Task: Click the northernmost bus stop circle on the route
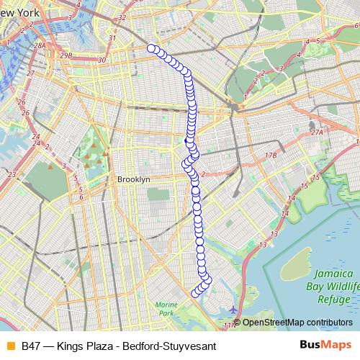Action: coord(152,48)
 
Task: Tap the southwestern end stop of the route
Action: coord(195,293)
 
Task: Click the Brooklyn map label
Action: coord(133,179)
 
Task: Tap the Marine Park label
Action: coord(166,309)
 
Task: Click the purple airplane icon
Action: coord(232,310)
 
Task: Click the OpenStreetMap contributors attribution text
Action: coord(297,322)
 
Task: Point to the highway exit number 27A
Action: coord(318,132)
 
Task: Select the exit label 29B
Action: coord(67,55)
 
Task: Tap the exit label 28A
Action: coord(40,45)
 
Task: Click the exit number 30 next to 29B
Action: coord(102,60)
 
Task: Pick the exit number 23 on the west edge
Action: coord(12,174)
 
